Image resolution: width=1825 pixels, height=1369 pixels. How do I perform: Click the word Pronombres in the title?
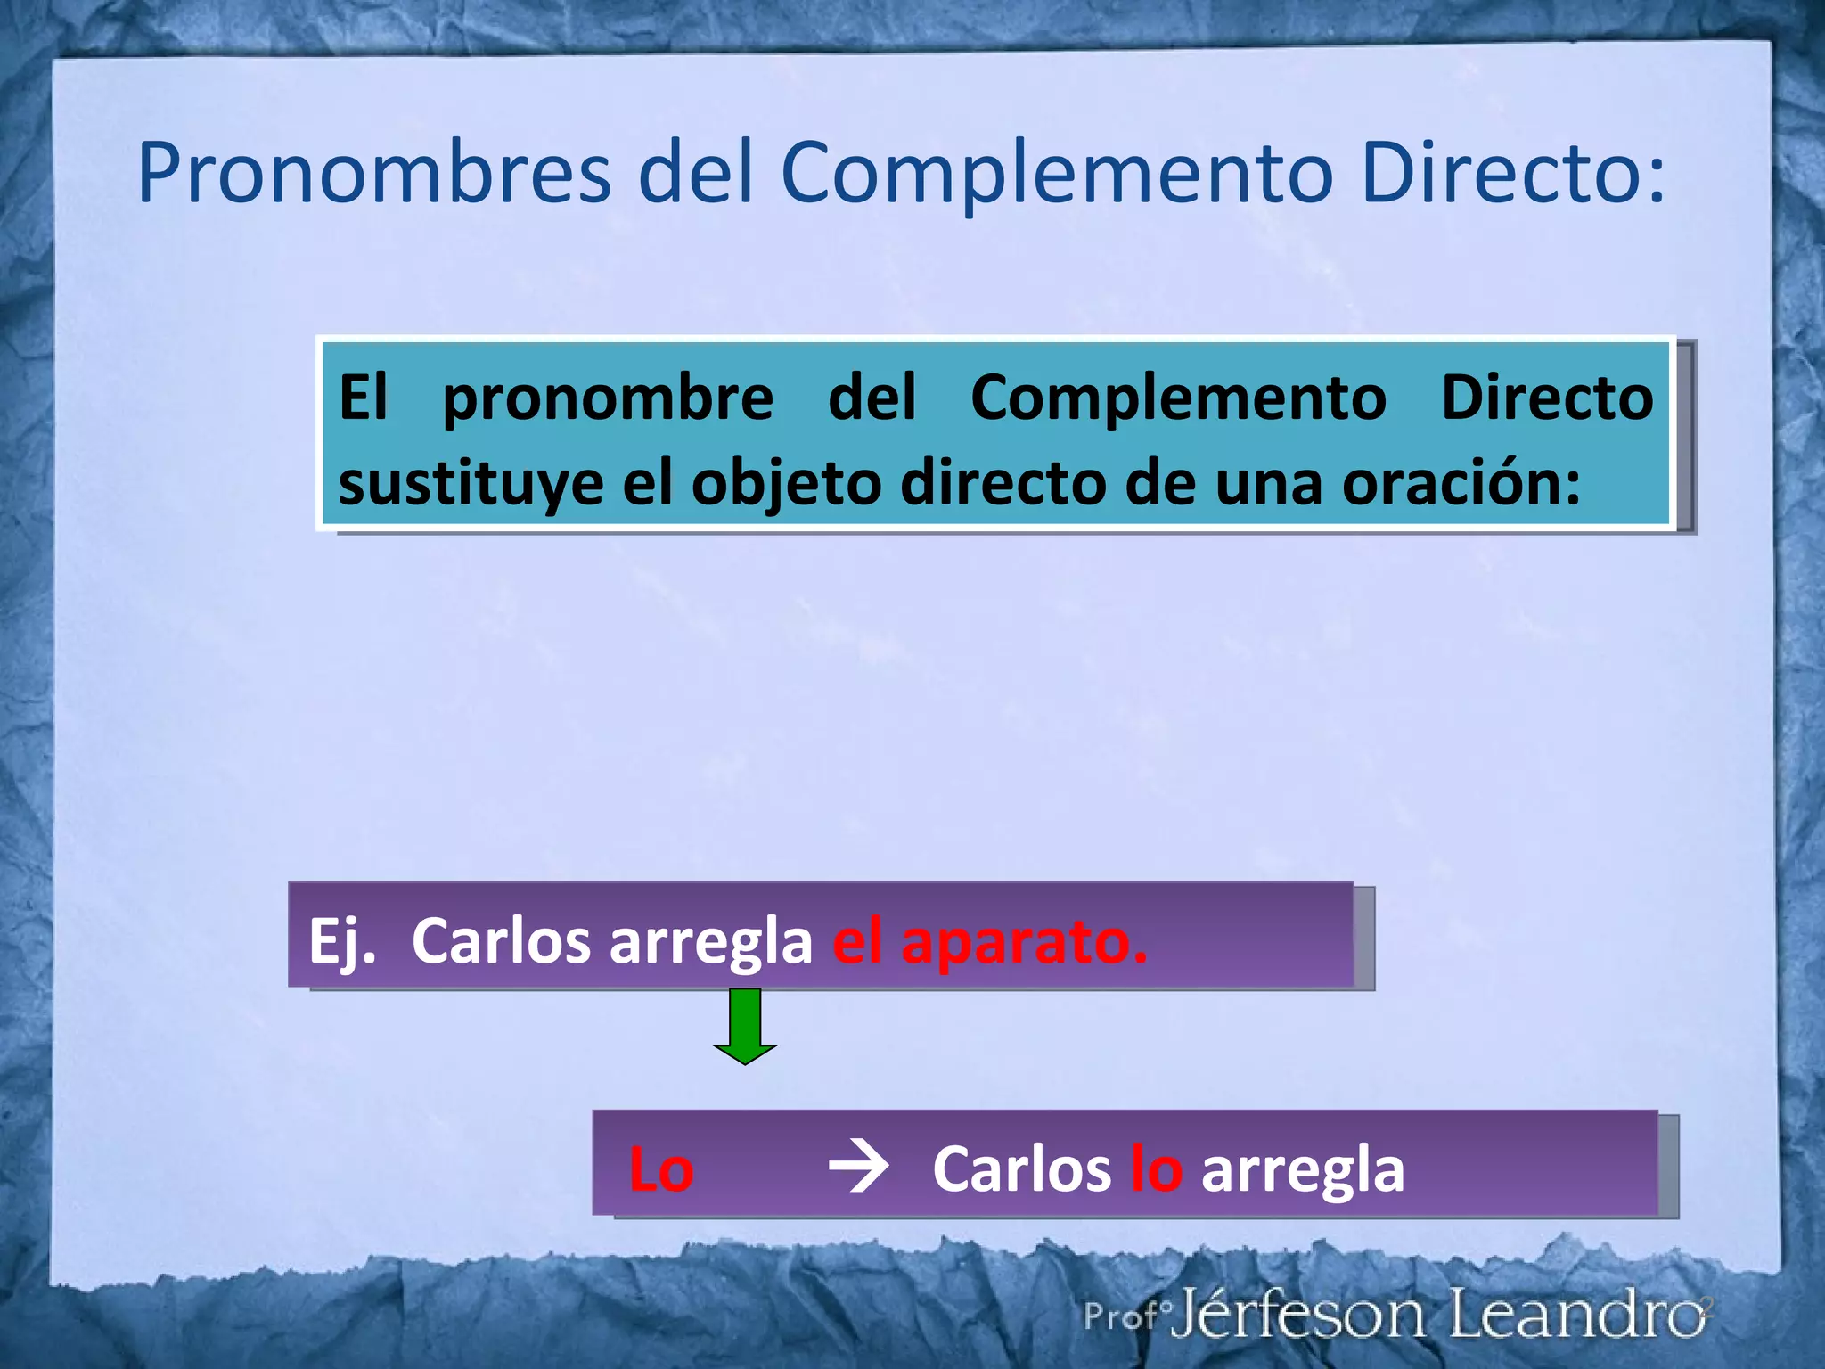[x=374, y=174]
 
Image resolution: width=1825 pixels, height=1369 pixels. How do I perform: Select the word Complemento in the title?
[x=1056, y=174]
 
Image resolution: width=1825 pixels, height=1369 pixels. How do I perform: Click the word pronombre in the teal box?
[x=608, y=398]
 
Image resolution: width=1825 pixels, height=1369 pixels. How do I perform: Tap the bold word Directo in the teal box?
[x=1547, y=398]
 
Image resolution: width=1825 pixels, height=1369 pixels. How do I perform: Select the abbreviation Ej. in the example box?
[x=342, y=942]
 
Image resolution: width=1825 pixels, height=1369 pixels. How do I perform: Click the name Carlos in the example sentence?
[x=500, y=942]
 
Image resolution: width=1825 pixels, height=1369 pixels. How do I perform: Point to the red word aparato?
[x=1024, y=942]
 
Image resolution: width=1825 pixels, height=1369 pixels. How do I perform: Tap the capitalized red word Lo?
[x=660, y=1169]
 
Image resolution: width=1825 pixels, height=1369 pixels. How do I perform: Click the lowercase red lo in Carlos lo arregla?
[x=1156, y=1169]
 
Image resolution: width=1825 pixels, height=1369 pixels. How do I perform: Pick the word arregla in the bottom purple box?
[x=1302, y=1169]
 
